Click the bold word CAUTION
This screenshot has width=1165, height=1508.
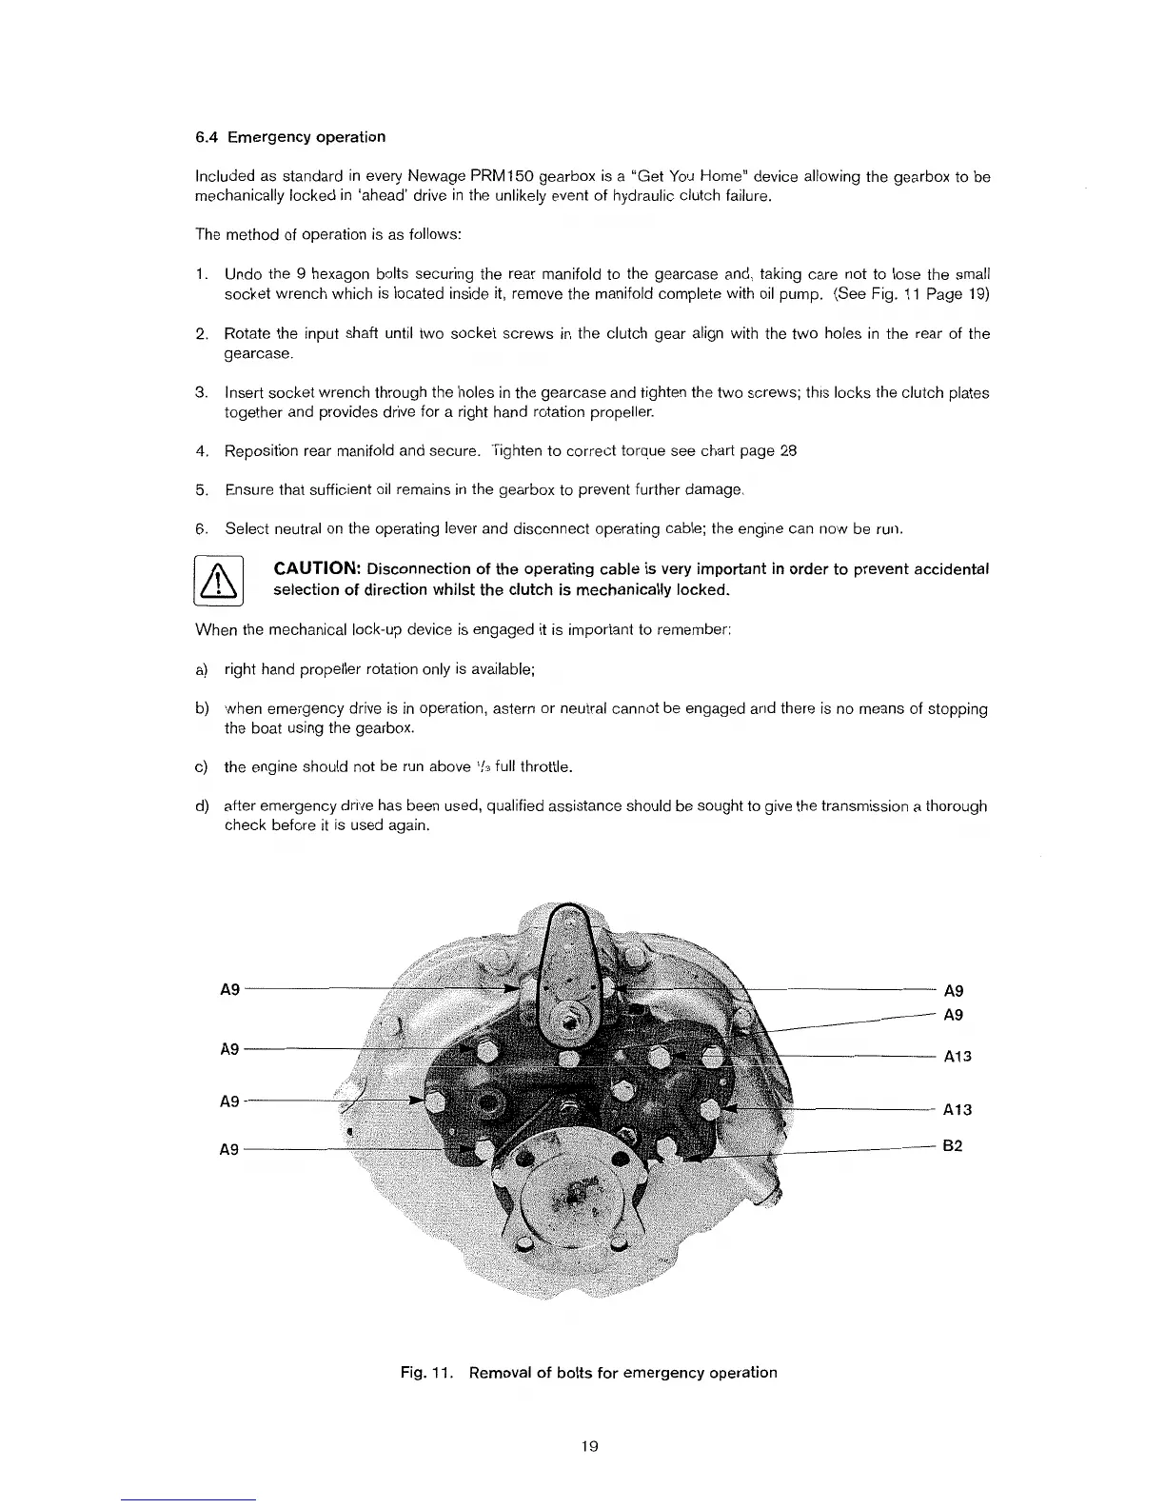click(315, 569)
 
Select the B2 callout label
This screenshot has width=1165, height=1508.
click(953, 1146)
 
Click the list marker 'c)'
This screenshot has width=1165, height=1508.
click(202, 767)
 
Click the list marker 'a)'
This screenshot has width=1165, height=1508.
click(202, 669)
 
